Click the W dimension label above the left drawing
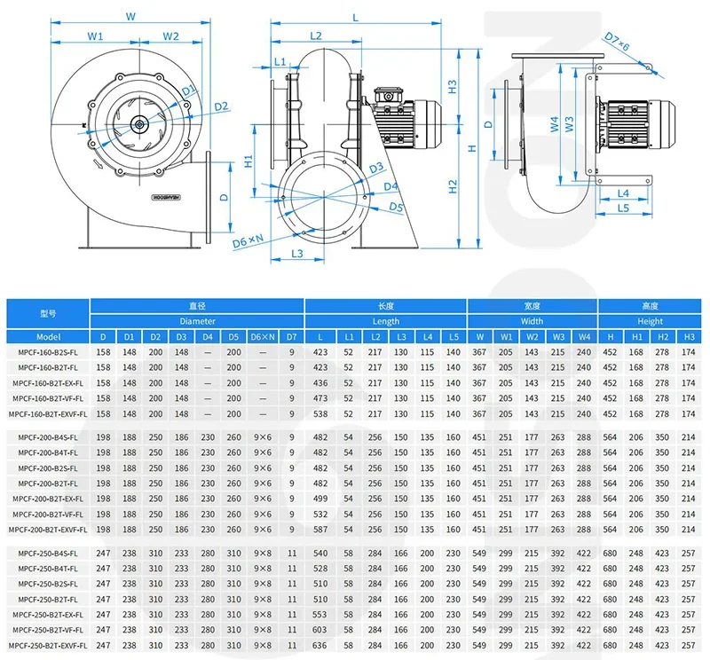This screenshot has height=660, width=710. [x=130, y=15]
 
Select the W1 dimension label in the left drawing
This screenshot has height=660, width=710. [x=97, y=36]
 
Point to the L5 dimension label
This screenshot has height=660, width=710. [x=623, y=208]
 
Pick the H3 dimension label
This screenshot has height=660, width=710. [x=453, y=88]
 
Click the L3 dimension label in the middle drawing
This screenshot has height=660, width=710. [x=298, y=254]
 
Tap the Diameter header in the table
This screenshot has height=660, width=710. [x=197, y=321]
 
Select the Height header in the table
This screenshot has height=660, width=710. [x=650, y=321]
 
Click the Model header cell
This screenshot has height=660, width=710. [x=48, y=337]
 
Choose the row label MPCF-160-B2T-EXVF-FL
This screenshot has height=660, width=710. [x=48, y=413]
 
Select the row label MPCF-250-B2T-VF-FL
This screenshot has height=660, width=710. [x=48, y=629]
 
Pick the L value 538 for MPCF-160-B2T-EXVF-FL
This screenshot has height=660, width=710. [x=320, y=413]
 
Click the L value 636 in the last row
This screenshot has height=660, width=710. [x=320, y=645]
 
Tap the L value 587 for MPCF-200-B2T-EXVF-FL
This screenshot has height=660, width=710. [x=320, y=530]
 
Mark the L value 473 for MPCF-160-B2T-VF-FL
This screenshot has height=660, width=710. [x=320, y=398]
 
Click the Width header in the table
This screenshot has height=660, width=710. [x=532, y=321]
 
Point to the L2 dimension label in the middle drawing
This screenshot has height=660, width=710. [x=316, y=36]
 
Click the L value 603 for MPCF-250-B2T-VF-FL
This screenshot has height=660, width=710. [x=320, y=629]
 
